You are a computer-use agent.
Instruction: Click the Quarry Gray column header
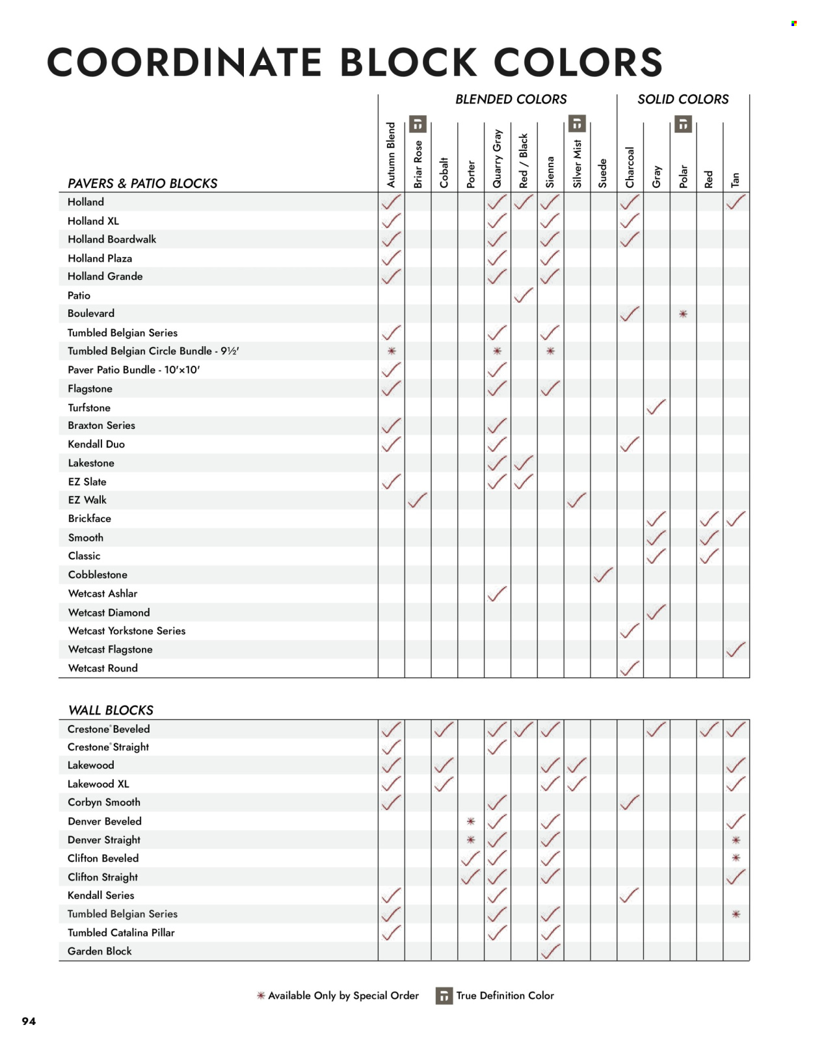coord(498,159)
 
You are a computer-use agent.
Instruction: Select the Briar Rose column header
coord(418,164)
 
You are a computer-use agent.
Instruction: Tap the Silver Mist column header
coord(577,164)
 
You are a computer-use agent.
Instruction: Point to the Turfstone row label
coord(89,407)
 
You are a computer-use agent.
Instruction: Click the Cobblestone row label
coord(98,575)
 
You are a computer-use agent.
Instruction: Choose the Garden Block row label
coord(100,951)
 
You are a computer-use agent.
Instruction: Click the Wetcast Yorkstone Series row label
coord(127,631)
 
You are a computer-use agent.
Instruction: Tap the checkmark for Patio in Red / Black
coord(524,295)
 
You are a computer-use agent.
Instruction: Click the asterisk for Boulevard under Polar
coord(683,314)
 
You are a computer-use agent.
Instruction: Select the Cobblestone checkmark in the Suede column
coord(603,575)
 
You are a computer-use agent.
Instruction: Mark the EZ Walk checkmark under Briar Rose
coord(418,500)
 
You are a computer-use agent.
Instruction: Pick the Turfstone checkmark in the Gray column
coord(656,407)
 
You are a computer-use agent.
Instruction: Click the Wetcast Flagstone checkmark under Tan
coord(736,650)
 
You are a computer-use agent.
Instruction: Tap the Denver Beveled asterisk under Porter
coord(471,821)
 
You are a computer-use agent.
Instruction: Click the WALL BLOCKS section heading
coord(111,710)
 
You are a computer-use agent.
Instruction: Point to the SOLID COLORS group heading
coord(683,100)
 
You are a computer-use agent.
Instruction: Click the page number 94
coord(29,1021)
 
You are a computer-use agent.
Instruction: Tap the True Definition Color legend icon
coord(444,996)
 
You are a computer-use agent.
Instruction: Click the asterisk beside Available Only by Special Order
coord(261,996)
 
